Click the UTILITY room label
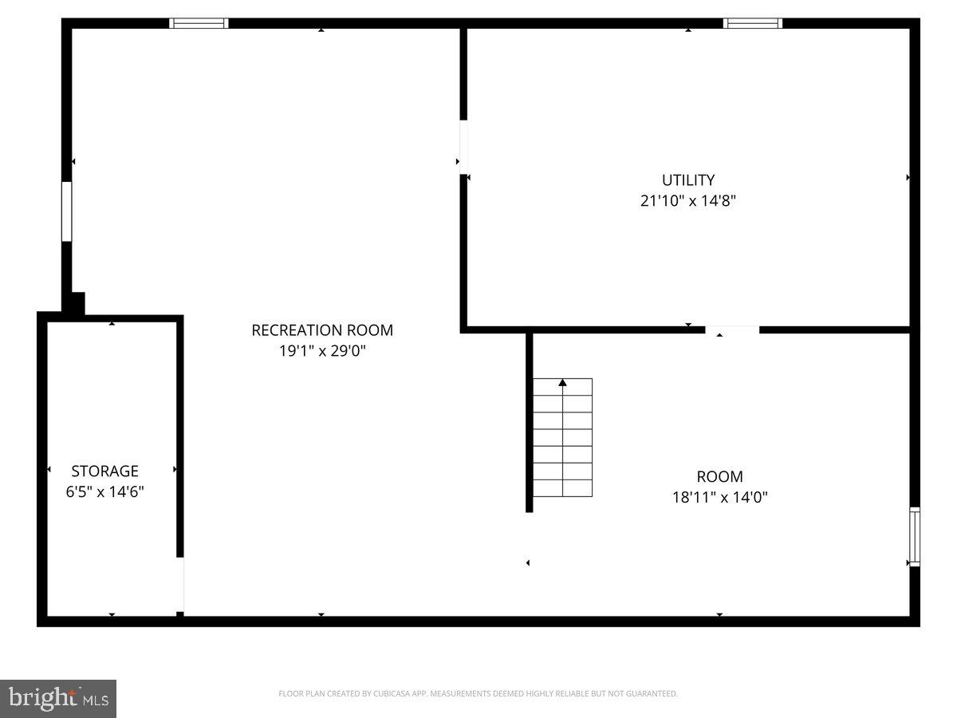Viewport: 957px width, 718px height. click(687, 180)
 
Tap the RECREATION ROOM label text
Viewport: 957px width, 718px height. click(322, 330)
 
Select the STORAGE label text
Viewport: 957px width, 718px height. click(104, 471)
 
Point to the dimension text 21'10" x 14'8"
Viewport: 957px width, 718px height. click(687, 201)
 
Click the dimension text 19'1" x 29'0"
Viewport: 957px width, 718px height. click(322, 351)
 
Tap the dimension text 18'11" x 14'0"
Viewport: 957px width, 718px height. click(719, 498)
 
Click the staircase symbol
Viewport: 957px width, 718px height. click(562, 437)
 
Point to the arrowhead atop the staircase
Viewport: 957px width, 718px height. click(562, 383)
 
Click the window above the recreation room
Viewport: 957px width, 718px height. click(199, 23)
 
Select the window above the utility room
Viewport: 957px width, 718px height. click(752, 23)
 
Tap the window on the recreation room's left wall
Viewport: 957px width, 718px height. click(67, 211)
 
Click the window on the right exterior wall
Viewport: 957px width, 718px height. click(915, 536)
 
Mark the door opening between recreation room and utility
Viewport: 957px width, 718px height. click(463, 147)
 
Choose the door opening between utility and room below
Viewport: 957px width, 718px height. click(732, 329)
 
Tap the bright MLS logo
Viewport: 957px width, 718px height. click(58, 699)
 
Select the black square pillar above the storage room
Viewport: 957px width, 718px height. click(73, 304)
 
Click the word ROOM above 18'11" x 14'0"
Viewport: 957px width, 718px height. click(719, 477)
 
